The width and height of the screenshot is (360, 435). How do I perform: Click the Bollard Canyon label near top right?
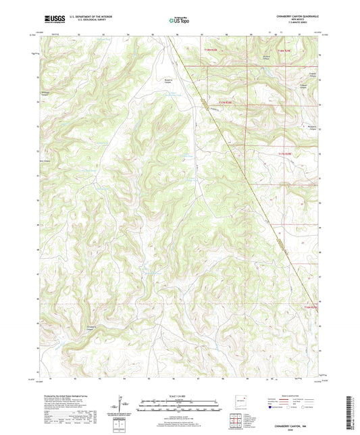pos(267,56)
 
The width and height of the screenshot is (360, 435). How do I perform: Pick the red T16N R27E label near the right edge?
pos(310,307)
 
